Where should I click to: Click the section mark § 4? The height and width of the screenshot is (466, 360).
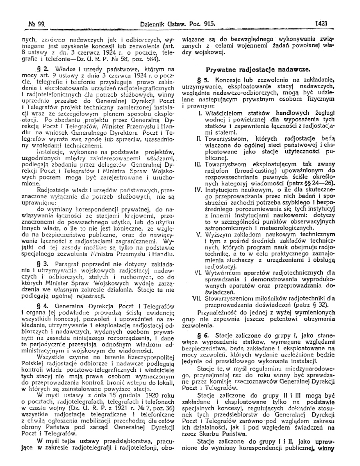(43, 306)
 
